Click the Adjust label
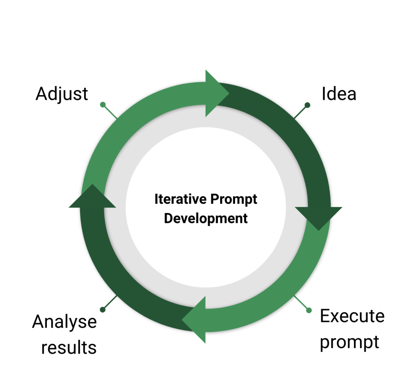[x=62, y=94]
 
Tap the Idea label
[x=339, y=94]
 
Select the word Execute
[x=352, y=316]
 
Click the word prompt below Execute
[x=349, y=341]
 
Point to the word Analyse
[x=64, y=322]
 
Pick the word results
[x=69, y=347]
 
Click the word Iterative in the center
[x=176, y=199]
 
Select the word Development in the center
[x=206, y=219]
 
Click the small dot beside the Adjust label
[x=102, y=104]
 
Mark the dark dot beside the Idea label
[x=307, y=105]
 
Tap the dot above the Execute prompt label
[x=309, y=310]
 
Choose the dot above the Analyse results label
[x=102, y=309]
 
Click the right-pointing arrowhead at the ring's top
[x=216, y=93]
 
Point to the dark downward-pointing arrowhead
[x=319, y=217]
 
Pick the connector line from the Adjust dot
[x=110, y=112]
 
